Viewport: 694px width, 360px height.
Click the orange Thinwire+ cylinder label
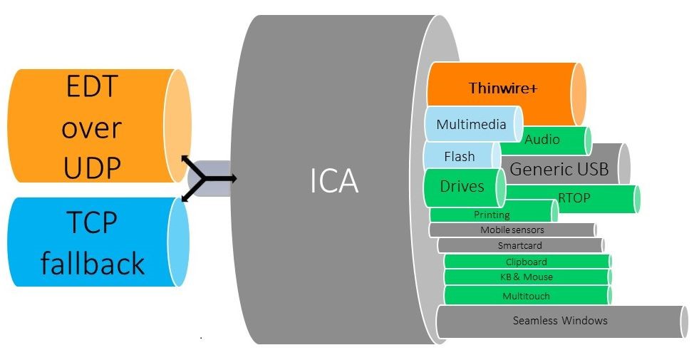502,88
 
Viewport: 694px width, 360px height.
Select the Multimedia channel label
471,124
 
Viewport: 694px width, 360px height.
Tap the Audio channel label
542,140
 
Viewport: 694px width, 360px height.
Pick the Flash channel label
459,156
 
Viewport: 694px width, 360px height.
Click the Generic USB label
559,169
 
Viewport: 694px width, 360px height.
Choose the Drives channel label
462,187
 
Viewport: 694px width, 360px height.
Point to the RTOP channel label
574,198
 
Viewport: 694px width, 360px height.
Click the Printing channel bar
492,215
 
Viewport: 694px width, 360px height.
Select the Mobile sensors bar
512,230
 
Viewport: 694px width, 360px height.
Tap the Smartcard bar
520,245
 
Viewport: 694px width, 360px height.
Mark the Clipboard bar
526,262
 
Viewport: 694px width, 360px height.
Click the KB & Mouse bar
527,277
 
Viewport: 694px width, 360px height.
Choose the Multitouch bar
526,296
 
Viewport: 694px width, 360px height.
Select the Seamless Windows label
560,320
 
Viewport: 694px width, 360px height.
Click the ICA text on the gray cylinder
334,182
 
